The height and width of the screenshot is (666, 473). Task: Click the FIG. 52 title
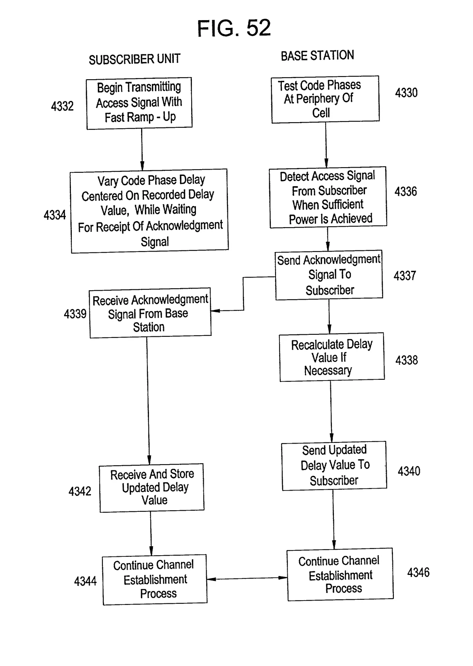[234, 28]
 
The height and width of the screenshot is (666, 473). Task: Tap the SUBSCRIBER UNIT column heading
[134, 60]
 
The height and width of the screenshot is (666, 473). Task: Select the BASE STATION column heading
[317, 56]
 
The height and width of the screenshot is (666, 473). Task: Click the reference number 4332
[62, 106]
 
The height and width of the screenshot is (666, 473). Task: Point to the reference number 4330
[406, 93]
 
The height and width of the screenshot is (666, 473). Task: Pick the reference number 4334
[55, 215]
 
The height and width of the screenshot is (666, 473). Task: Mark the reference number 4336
[406, 192]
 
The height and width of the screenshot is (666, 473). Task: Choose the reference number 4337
[405, 276]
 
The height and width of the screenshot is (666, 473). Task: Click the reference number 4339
[75, 314]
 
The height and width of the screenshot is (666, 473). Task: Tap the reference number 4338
[406, 360]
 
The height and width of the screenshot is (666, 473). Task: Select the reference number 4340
[409, 471]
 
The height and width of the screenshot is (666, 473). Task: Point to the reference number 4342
[80, 491]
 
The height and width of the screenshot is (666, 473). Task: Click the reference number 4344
[85, 581]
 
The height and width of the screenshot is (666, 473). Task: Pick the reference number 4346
[418, 573]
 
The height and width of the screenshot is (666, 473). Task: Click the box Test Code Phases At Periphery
[325, 99]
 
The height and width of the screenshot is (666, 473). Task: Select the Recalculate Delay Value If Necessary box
[332, 357]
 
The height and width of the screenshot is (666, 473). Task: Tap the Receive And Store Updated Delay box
[152, 487]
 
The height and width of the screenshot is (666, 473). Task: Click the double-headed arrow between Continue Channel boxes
[247, 579]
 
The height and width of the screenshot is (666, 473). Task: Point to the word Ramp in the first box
[140, 118]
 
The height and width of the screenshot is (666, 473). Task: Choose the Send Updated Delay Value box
[334, 466]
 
